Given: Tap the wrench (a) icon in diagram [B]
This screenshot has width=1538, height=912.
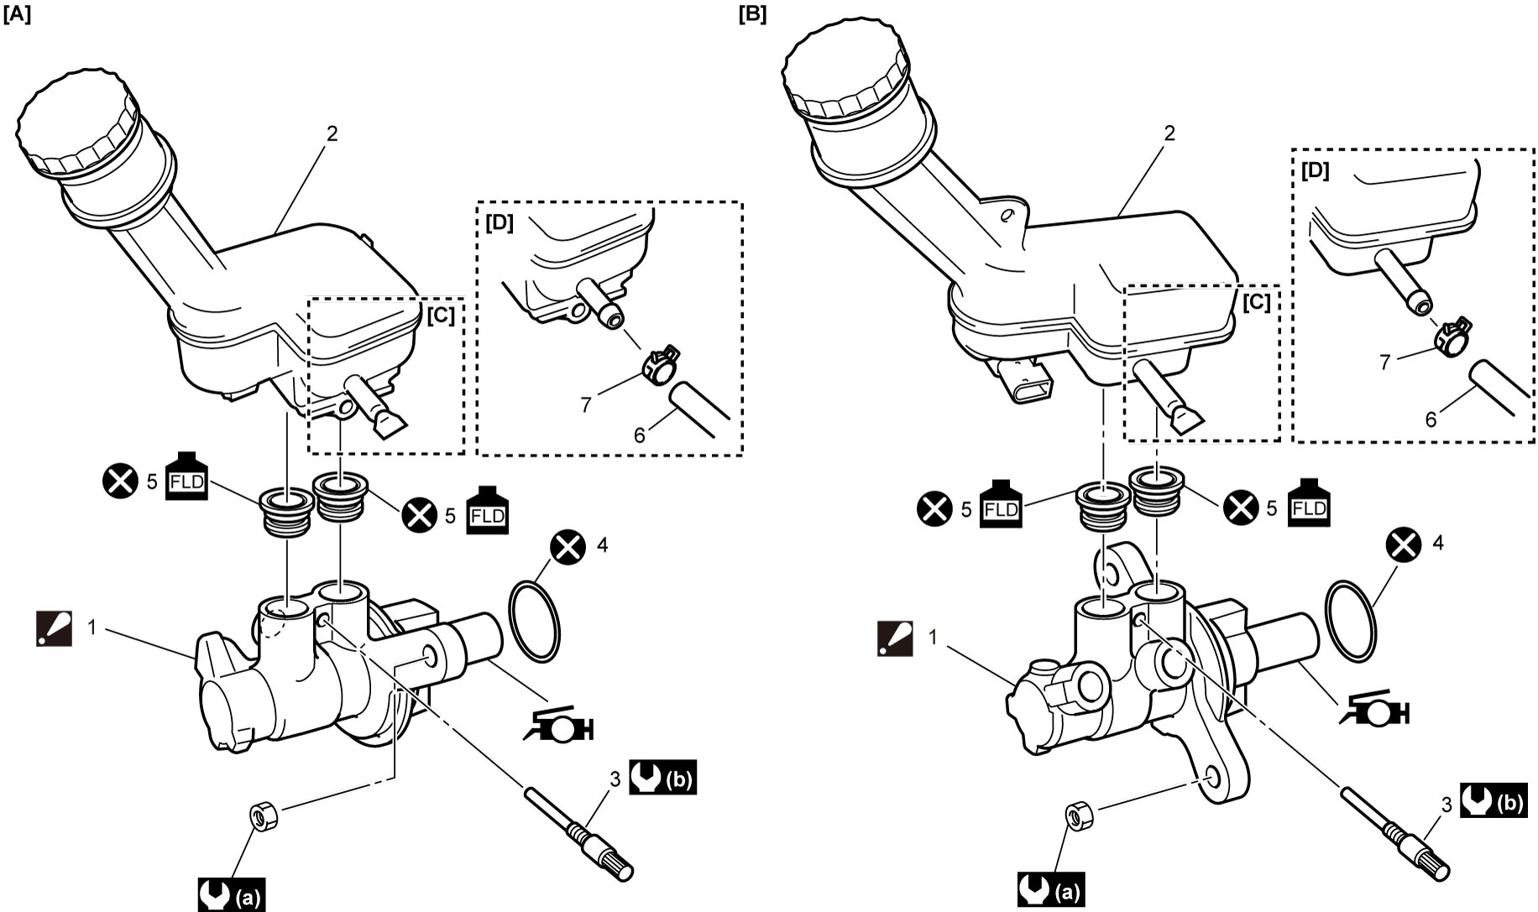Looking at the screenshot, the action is (x=1050, y=890).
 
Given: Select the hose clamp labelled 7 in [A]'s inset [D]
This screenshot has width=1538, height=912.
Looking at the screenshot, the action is (x=660, y=363).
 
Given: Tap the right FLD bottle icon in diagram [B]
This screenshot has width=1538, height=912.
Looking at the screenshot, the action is (x=1309, y=502).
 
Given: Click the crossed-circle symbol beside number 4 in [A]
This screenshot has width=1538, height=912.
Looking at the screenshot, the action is (x=568, y=547).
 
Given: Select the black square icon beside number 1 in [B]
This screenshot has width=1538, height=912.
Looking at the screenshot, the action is (x=895, y=638).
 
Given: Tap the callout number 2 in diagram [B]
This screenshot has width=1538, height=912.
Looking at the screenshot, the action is (x=1170, y=133).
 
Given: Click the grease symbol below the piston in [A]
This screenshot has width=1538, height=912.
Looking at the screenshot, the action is (x=558, y=718).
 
